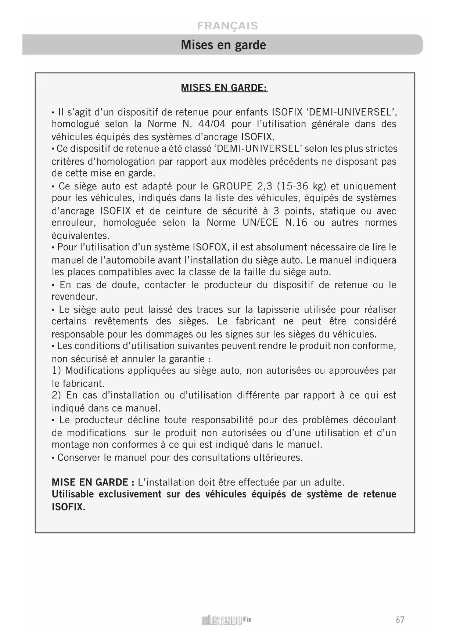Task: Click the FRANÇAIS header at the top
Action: (x=227, y=26)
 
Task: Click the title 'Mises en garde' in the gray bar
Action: (x=223, y=45)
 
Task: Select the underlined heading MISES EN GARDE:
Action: (x=224, y=88)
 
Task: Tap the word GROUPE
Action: (x=232, y=186)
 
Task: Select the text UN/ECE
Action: (x=260, y=222)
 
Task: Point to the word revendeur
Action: (x=74, y=297)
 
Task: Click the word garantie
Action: (x=187, y=359)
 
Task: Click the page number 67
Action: (x=400, y=620)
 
